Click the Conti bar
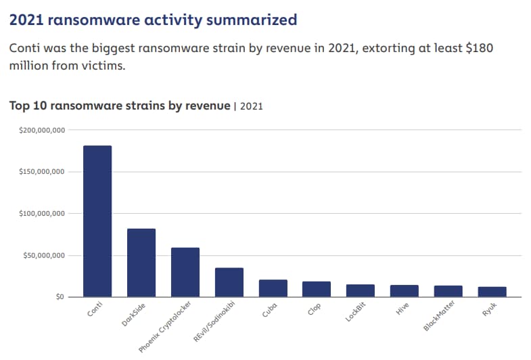[x=97, y=221]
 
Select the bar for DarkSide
[x=141, y=263]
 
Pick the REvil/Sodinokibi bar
[x=229, y=282]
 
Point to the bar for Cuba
[x=273, y=288]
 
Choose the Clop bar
[x=317, y=289]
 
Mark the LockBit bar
[x=361, y=290]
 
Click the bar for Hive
[x=405, y=291]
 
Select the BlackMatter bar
[x=448, y=291]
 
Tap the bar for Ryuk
[x=492, y=292]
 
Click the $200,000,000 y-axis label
[x=42, y=129]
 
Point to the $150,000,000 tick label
[x=42, y=171]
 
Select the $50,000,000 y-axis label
[x=44, y=255]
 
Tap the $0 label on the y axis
[x=59, y=297]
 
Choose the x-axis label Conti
[x=96, y=313]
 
